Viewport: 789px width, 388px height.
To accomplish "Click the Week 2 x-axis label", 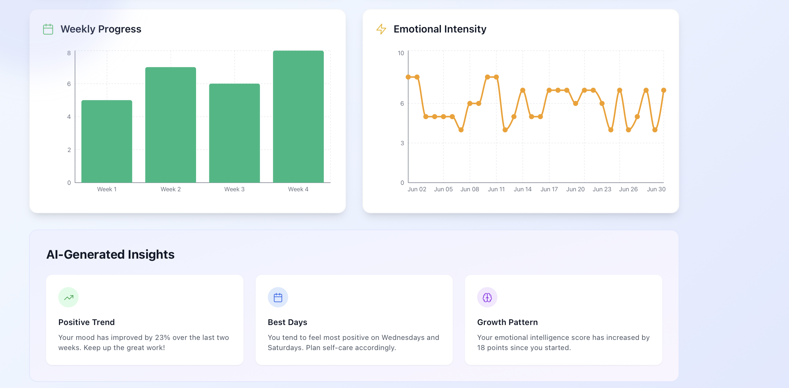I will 170,189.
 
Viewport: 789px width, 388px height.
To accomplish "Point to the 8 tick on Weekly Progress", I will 69,53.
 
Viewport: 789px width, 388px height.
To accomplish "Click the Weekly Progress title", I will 101,29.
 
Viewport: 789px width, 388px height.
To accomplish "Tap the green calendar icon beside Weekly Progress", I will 48,29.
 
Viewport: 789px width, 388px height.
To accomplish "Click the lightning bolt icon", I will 381,29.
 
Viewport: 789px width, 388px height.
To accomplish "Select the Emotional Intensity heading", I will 440,29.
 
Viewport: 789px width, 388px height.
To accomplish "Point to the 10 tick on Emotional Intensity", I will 401,53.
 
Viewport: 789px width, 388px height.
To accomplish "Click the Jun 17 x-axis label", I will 549,189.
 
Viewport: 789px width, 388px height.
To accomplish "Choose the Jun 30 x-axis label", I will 656,189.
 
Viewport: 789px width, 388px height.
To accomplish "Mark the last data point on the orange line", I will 663,90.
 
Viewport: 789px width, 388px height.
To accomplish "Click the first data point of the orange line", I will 408,77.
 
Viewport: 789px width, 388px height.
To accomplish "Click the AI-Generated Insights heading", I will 110,255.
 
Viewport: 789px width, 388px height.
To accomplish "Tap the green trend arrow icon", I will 68,298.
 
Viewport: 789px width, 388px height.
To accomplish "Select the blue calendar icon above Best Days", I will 278,298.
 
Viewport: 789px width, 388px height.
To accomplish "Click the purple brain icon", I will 487,298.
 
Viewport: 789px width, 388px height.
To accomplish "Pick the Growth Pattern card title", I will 507,322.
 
